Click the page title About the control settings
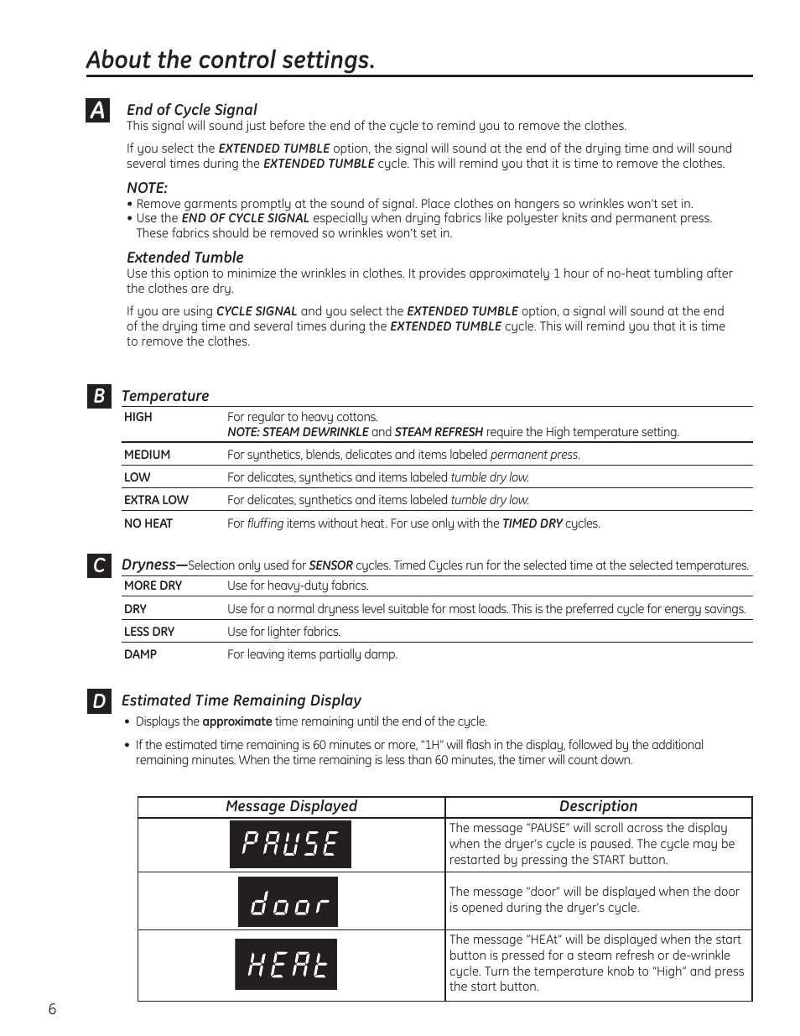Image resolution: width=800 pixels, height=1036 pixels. pos(231,60)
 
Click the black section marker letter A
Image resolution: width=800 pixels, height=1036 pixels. pos(98,111)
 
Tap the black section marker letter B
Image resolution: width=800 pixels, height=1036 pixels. pos(98,396)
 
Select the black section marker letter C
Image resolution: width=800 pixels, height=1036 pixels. pos(98,565)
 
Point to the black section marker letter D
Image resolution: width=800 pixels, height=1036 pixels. pos(98,701)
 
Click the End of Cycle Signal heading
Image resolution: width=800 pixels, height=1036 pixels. pos(191,110)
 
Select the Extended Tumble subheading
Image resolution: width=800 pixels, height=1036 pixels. pos(184,258)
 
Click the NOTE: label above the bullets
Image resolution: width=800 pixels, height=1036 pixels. pos(147,188)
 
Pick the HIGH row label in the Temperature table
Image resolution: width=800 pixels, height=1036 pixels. pos(138,417)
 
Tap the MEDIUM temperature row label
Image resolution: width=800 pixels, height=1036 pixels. pos(147,455)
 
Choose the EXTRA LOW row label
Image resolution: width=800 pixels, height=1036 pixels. pos(156,500)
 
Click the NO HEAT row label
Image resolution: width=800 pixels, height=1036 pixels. pos(148,523)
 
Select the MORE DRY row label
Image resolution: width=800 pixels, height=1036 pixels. pos(153,586)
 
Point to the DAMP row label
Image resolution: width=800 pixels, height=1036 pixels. pos(140,654)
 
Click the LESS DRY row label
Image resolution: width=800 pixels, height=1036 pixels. pos(149,632)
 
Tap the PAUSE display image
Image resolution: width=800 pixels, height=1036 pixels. pos(290,844)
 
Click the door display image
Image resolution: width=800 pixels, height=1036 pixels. pos(288,902)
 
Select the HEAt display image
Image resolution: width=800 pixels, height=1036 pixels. pos(286,965)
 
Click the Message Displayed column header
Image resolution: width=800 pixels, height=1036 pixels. pos(291,806)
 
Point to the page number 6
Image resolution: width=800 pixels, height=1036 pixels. pos(52,1009)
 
